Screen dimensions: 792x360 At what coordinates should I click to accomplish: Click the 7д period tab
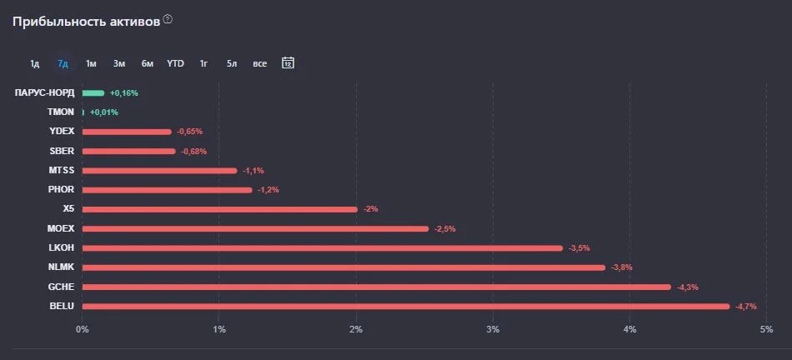click(63, 63)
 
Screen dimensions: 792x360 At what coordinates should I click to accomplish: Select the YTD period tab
click(175, 63)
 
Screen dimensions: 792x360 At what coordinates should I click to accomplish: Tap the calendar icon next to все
click(288, 63)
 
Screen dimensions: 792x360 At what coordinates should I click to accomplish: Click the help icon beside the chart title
click(168, 20)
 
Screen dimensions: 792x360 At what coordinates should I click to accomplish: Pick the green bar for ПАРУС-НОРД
click(93, 92)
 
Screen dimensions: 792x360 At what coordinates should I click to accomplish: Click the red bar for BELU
click(406, 307)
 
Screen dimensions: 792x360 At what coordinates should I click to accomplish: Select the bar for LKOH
click(323, 248)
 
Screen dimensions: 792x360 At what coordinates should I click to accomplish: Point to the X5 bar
click(220, 209)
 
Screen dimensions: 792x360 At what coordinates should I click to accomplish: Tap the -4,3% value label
click(688, 287)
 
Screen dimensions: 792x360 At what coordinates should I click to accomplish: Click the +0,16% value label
click(123, 92)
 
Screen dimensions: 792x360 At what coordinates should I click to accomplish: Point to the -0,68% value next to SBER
click(194, 152)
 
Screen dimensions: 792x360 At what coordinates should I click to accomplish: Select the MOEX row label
click(61, 228)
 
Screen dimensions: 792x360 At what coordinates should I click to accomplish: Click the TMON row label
click(61, 112)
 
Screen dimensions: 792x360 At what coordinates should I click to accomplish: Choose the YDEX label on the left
click(62, 132)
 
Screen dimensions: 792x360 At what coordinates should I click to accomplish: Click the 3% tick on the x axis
click(493, 330)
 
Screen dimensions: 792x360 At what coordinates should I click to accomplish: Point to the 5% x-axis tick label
click(766, 330)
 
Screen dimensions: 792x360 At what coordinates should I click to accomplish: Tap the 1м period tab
click(91, 63)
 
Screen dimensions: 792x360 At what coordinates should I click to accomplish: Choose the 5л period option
click(232, 63)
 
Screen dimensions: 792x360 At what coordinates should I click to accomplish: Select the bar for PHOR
click(168, 190)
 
